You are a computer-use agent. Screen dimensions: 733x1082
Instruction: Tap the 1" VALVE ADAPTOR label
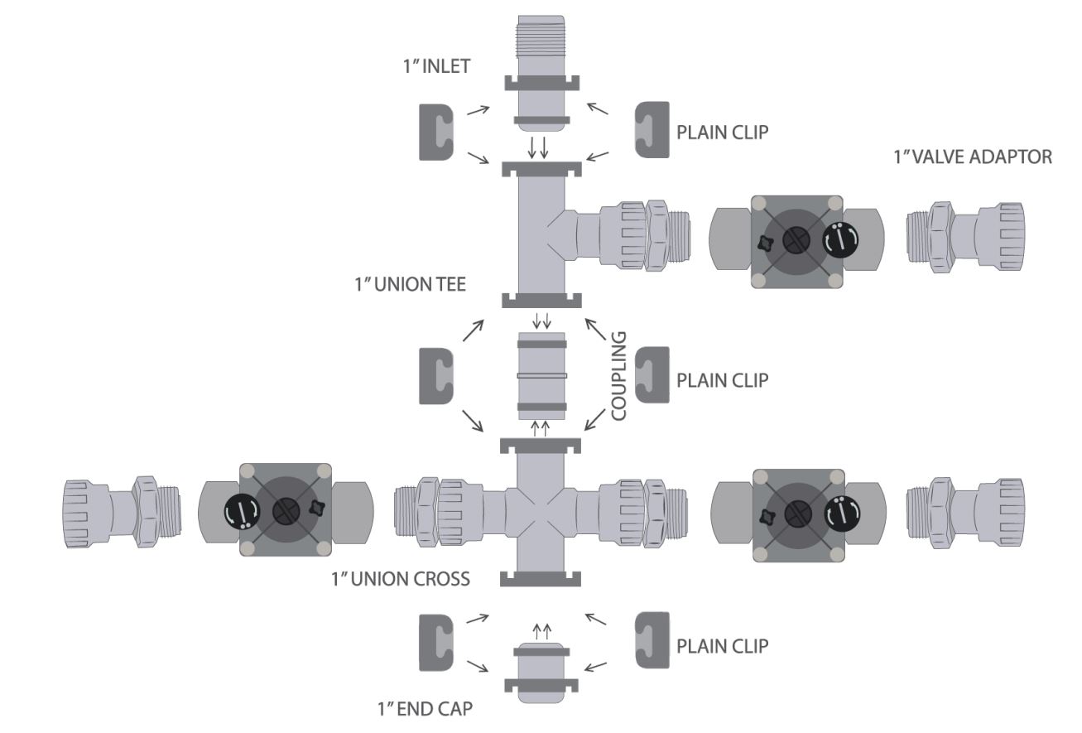point(973,157)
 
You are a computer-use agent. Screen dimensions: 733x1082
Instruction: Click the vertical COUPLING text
point(619,377)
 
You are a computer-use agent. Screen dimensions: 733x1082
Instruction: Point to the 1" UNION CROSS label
point(401,578)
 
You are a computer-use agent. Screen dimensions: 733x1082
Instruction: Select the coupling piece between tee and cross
point(541,375)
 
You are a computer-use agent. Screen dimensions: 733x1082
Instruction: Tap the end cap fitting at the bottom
point(541,672)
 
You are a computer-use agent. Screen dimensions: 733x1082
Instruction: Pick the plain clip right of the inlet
point(651,130)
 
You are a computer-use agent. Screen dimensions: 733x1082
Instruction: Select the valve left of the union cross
point(286,509)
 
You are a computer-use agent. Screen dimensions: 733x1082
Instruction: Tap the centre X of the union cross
point(541,509)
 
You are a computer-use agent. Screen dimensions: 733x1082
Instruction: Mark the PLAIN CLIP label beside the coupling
point(723,380)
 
